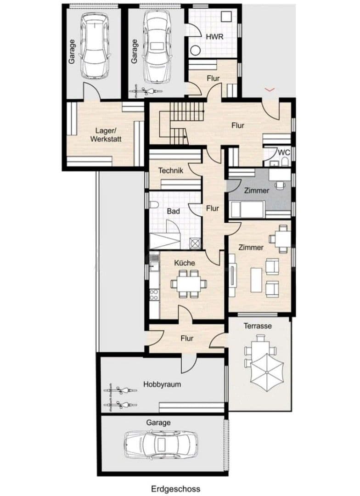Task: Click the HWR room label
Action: tap(214, 37)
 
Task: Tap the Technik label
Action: tap(171, 170)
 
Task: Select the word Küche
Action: tap(185, 263)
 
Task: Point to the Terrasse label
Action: tap(258, 326)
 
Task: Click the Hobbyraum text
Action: tap(162, 384)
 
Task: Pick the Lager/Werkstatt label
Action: tap(106, 135)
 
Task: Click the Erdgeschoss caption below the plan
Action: tap(175, 489)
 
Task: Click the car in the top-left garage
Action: tap(95, 45)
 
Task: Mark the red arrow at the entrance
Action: tap(270, 89)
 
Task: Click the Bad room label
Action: tap(173, 212)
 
